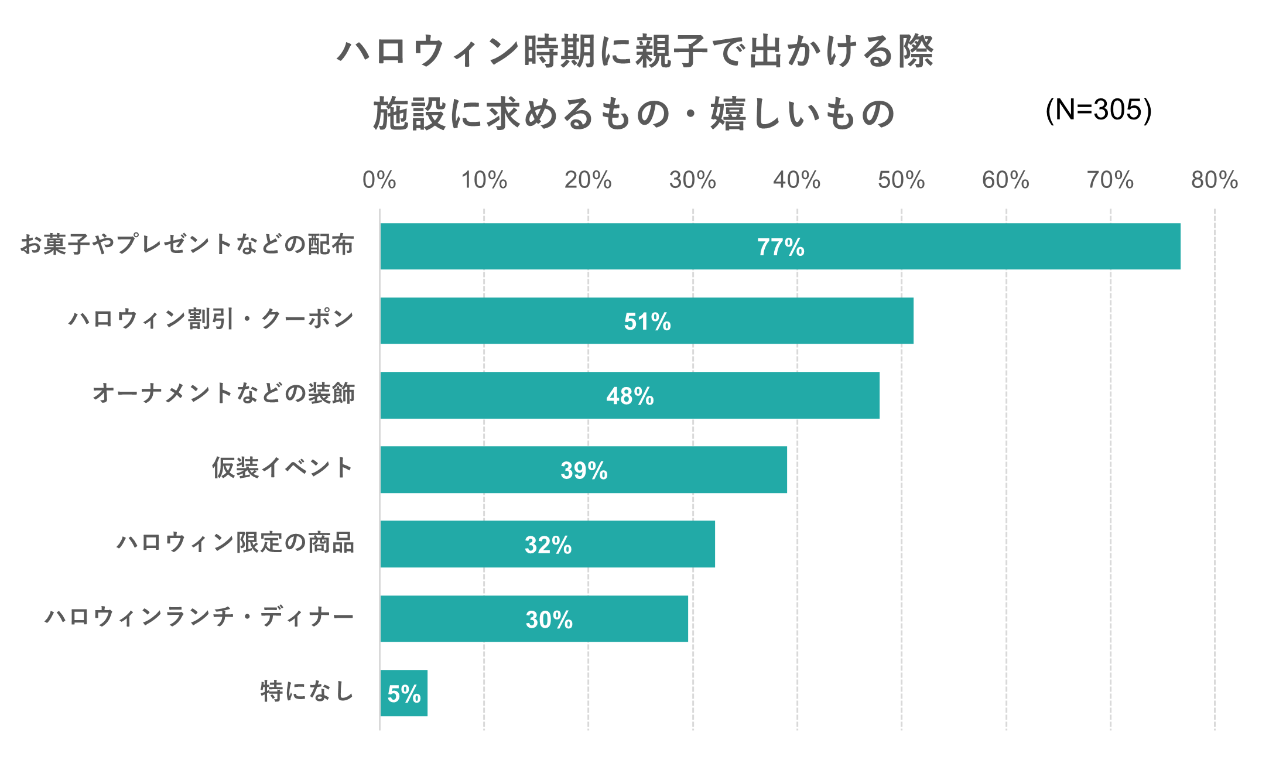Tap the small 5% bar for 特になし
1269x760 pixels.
click(x=403, y=693)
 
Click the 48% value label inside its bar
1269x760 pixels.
click(x=630, y=396)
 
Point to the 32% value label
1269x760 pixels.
click(x=548, y=545)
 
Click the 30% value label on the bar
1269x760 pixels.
click(x=549, y=619)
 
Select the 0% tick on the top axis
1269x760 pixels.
click(x=379, y=180)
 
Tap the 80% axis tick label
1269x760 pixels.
click(x=1214, y=180)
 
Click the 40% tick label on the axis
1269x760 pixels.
click(x=796, y=180)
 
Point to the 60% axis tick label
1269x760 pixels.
click(x=1005, y=180)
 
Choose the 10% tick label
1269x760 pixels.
click(x=484, y=180)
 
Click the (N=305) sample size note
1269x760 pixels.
click(x=1099, y=109)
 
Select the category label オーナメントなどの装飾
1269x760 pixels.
click(x=224, y=393)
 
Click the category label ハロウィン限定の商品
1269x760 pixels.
click(x=235, y=543)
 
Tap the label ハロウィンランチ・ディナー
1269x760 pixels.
click(x=200, y=617)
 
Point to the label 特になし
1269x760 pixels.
click(x=307, y=691)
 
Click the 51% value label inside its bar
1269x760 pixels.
click(x=647, y=321)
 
